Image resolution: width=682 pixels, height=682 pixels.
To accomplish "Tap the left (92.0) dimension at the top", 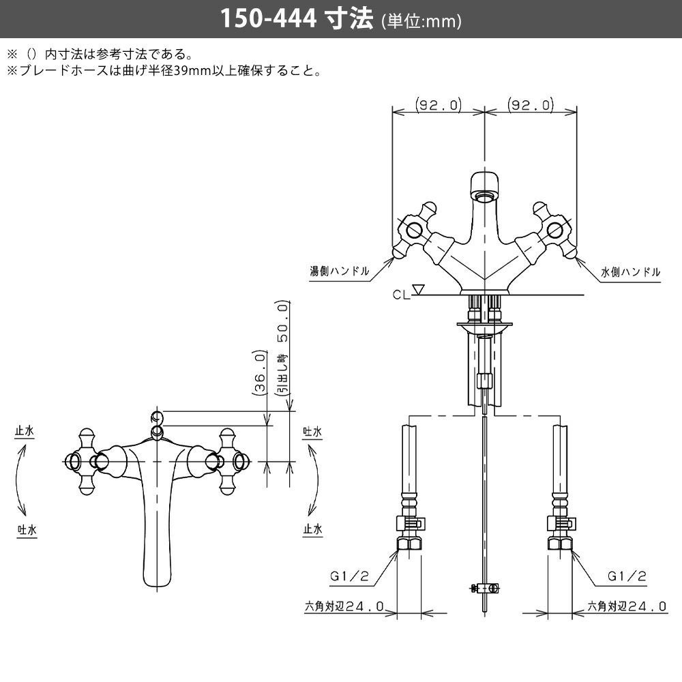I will tap(439, 105).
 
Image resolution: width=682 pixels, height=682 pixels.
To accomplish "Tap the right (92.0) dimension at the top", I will tap(530, 105).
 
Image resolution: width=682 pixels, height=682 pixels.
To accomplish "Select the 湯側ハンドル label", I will tap(339, 271).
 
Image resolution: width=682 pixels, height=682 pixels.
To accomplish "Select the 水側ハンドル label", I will tap(631, 271).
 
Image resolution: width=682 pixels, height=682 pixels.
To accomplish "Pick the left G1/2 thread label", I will tap(349, 576).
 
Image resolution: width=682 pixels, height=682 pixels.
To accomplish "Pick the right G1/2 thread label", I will tap(627, 576).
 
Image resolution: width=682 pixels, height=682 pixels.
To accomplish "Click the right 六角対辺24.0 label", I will tap(627, 606).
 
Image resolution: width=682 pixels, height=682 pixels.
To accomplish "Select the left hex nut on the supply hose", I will tap(409, 544).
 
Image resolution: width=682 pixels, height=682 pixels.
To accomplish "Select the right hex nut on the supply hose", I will tap(561, 544).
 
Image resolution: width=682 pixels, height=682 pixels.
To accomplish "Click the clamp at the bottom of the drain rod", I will tap(484, 587).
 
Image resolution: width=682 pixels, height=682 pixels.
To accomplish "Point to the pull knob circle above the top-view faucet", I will tap(156, 417).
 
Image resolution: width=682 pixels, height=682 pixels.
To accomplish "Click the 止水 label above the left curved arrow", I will tap(26, 432).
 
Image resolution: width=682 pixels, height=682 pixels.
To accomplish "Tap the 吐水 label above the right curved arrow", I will tap(312, 432).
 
